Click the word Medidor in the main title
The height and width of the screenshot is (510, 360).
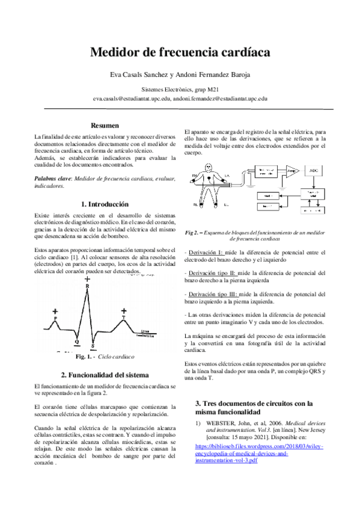click(x=115, y=52)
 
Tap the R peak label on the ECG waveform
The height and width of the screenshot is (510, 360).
click(x=88, y=286)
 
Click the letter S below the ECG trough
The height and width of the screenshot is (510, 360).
click(x=93, y=346)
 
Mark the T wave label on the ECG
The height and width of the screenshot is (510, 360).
click(x=123, y=316)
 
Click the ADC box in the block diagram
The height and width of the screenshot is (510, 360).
click(x=313, y=171)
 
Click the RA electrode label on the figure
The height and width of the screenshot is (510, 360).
click(x=195, y=176)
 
